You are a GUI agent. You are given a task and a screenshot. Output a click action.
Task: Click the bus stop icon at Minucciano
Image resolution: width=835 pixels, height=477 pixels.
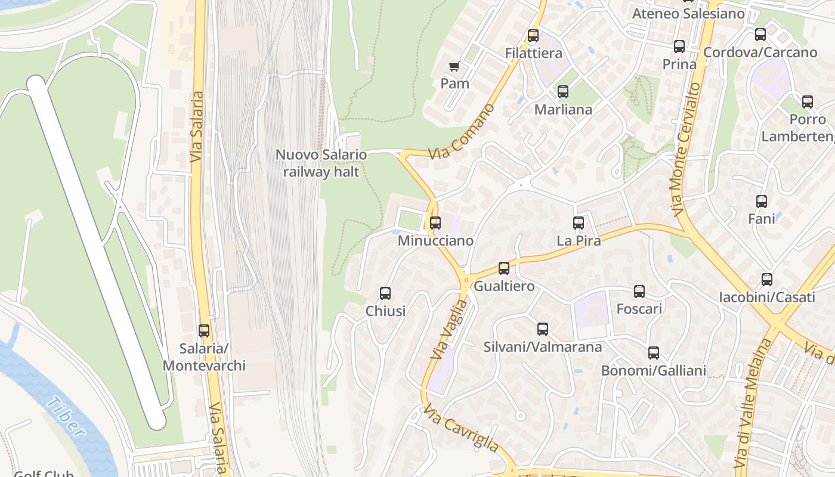(x=435, y=223)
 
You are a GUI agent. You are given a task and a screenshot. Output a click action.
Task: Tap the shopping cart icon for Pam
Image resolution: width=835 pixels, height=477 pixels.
(x=454, y=66)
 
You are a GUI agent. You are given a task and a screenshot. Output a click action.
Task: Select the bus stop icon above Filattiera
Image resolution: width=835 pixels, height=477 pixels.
(x=533, y=36)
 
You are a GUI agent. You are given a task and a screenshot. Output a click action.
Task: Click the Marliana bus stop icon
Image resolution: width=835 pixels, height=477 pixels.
(x=562, y=92)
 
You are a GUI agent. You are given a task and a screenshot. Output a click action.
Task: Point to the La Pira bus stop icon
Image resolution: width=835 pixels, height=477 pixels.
(x=579, y=223)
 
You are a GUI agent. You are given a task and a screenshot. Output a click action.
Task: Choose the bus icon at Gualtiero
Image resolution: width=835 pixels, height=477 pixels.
(x=504, y=268)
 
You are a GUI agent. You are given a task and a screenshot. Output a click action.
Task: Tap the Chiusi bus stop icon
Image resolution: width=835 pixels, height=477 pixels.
(x=385, y=293)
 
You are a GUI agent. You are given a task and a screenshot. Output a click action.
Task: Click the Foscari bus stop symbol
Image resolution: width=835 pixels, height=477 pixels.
(x=639, y=292)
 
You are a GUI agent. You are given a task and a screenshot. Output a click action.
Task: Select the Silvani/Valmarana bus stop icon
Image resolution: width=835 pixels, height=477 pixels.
(x=542, y=329)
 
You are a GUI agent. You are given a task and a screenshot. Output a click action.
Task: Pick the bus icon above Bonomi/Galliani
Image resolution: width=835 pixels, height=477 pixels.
(x=654, y=353)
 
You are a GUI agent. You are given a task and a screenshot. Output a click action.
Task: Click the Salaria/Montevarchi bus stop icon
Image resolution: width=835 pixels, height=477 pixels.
(x=204, y=331)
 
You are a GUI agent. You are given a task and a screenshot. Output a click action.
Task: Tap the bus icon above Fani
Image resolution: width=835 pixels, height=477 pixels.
(x=762, y=202)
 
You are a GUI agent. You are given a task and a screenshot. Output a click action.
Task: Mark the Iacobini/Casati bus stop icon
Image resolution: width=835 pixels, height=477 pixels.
(x=767, y=280)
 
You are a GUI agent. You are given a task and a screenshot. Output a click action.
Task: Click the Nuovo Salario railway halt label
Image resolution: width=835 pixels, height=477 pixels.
(x=321, y=163)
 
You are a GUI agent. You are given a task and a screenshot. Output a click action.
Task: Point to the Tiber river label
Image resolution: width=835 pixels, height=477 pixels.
(x=66, y=417)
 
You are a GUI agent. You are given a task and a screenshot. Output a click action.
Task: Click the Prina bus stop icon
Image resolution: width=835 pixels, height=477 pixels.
(x=679, y=47)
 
